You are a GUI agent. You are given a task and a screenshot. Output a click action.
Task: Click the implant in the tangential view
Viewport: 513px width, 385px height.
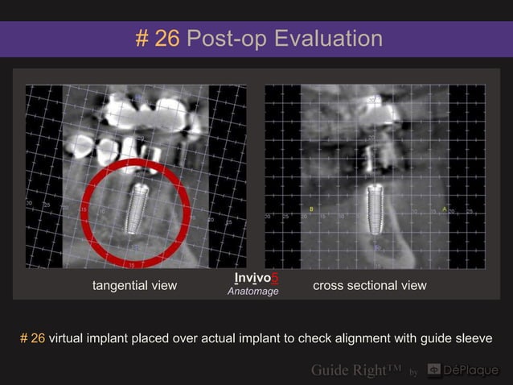(x=137, y=211)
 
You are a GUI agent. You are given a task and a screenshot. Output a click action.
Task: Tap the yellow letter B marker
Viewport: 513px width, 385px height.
(x=311, y=209)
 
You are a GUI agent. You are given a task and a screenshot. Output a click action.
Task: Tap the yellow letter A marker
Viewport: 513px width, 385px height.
(x=444, y=209)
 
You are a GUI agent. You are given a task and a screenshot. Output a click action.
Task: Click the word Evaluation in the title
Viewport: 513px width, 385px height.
(x=328, y=38)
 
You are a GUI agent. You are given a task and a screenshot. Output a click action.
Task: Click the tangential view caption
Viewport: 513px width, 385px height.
(x=135, y=285)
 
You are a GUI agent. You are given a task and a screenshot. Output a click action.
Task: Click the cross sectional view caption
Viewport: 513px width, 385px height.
(x=370, y=285)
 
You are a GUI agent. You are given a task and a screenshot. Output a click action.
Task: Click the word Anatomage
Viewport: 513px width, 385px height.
(x=253, y=292)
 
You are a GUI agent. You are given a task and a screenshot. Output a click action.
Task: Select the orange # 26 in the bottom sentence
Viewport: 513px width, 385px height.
(x=33, y=338)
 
